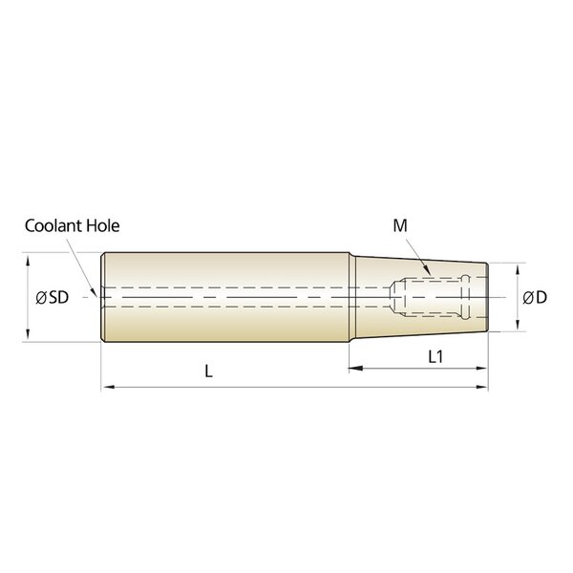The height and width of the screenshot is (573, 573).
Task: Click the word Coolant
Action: tap(53, 225)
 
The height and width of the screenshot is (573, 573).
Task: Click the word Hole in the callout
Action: tap(103, 225)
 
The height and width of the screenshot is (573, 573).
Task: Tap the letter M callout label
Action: tap(400, 225)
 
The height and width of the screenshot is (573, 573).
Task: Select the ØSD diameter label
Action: tap(53, 297)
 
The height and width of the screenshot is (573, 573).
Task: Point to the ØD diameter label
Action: tap(535, 297)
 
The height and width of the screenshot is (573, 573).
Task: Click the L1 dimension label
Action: tap(435, 356)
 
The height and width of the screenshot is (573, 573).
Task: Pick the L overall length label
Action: tap(208, 371)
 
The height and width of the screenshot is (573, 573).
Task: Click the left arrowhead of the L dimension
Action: tap(108, 387)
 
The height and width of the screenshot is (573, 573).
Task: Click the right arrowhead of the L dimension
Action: tap(481, 387)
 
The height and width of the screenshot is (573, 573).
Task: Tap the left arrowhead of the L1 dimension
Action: tap(355, 369)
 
